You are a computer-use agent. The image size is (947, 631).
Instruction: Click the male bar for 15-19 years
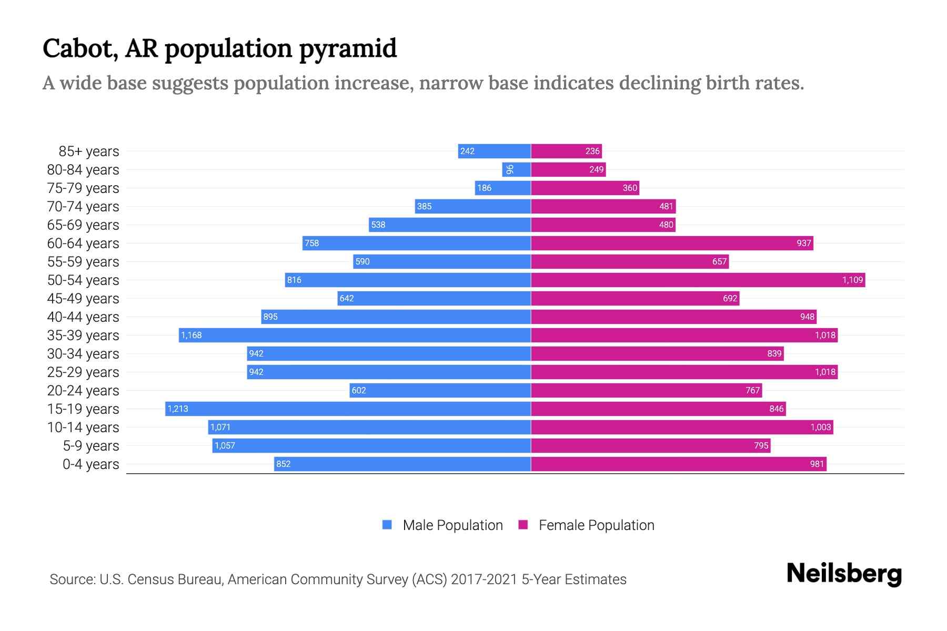pyautogui.click(x=347, y=409)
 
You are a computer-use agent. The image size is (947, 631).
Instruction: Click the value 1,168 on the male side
pyautogui.click(x=192, y=335)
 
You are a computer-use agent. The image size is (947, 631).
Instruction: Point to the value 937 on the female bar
pyautogui.click(x=803, y=243)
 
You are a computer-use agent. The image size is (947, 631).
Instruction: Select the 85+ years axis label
pyautogui.click(x=89, y=151)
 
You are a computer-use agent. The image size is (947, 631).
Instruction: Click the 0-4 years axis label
pyautogui.click(x=90, y=464)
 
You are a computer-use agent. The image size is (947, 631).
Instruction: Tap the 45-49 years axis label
pyautogui.click(x=83, y=299)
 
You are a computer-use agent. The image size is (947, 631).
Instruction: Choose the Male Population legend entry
pyautogui.click(x=452, y=525)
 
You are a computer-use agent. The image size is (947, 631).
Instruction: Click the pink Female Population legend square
pyautogui.click(x=523, y=525)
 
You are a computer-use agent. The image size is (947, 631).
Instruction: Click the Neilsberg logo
pyautogui.click(x=844, y=574)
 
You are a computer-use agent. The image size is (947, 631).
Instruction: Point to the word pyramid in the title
pyautogui.click(x=348, y=49)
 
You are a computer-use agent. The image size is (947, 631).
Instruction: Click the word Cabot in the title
pyautogui.click(x=79, y=48)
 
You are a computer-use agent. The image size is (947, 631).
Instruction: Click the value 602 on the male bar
pyautogui.click(x=359, y=390)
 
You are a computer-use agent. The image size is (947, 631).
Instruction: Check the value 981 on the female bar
pyautogui.click(x=817, y=464)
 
